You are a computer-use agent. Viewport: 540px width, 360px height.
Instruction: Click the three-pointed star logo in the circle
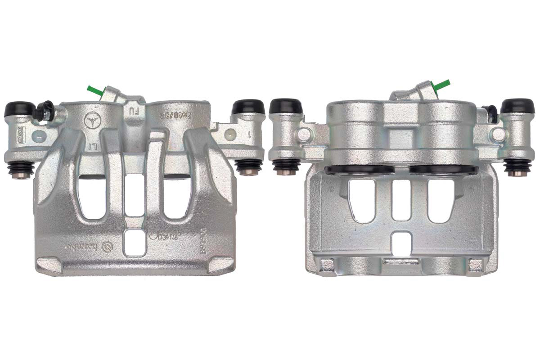click(93, 119)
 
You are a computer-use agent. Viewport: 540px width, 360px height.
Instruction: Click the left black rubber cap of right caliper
click(286, 106)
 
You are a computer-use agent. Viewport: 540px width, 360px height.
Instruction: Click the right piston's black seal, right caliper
click(443, 170)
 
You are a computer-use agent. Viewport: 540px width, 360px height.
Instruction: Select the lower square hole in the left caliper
click(135, 243)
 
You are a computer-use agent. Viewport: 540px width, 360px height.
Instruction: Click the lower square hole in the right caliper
click(401, 243)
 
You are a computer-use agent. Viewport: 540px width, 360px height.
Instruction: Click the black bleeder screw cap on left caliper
click(46, 109)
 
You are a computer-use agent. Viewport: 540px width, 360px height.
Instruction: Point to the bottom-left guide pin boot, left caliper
click(21, 170)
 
